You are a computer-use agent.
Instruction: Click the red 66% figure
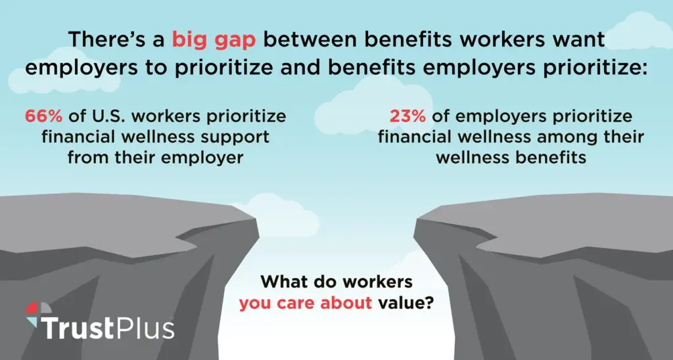43,116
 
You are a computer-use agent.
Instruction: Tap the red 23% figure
407,116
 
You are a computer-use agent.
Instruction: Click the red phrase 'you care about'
305,304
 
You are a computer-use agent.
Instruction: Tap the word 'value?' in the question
406,303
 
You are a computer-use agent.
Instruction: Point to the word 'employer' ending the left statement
202,158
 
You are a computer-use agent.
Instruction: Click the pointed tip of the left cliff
258,221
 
